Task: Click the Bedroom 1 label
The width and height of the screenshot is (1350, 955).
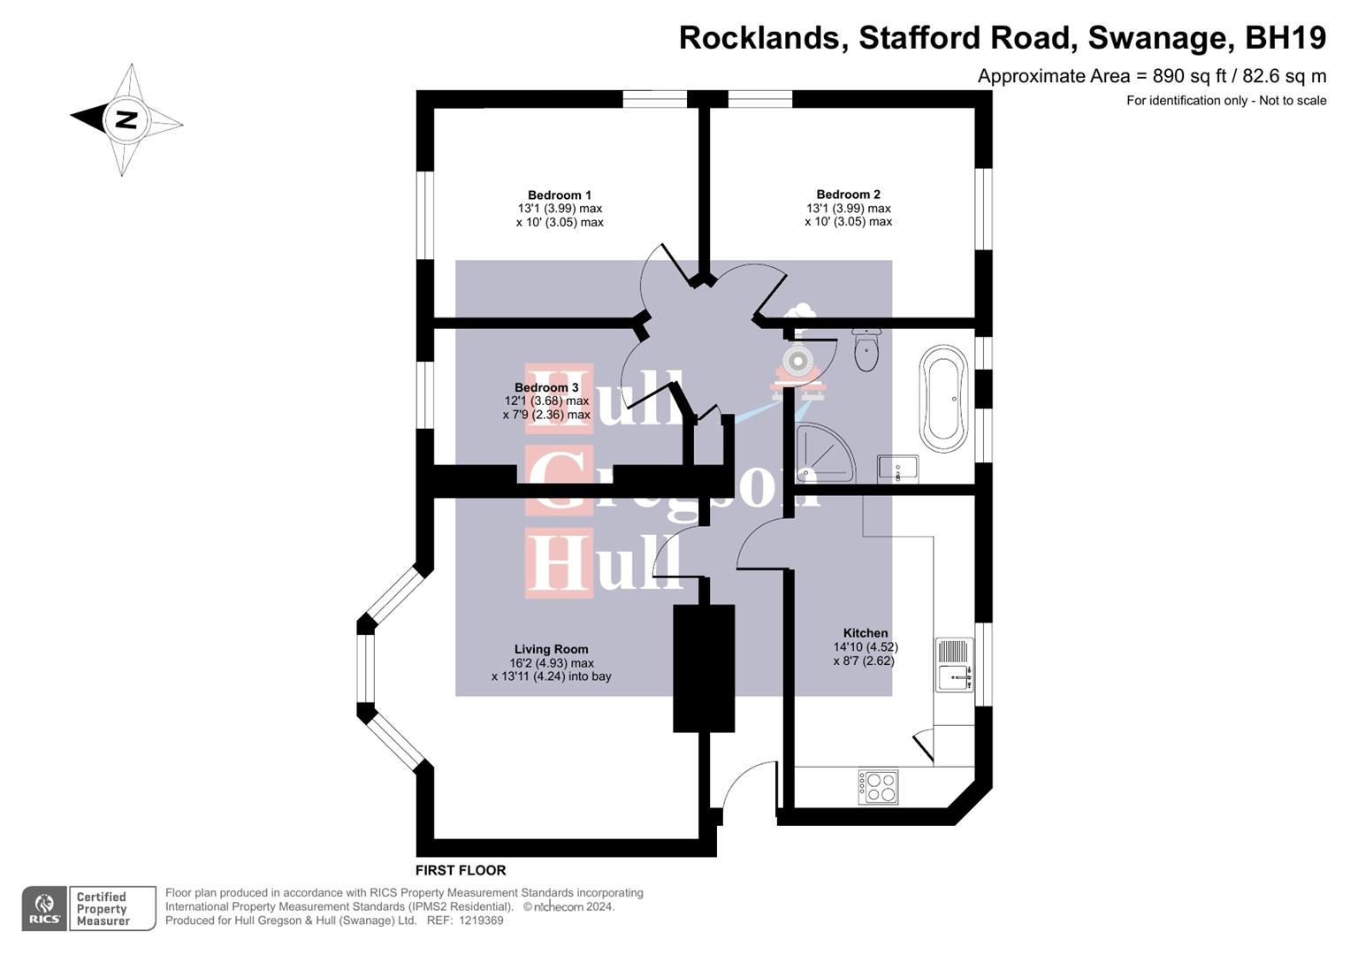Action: (x=560, y=195)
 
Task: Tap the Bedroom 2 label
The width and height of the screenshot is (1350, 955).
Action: (x=848, y=195)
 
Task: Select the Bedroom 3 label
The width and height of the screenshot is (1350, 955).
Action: (x=546, y=387)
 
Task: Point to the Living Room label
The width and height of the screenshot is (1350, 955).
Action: (x=551, y=649)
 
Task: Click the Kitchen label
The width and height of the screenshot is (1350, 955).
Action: (x=866, y=633)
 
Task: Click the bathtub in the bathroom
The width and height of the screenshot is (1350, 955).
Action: (x=943, y=399)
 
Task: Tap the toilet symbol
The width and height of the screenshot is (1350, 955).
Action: (x=866, y=350)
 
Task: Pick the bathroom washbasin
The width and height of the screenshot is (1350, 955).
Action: (x=898, y=469)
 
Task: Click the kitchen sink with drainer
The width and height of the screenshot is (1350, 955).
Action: (x=954, y=665)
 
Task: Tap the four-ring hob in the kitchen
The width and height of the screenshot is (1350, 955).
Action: (x=878, y=786)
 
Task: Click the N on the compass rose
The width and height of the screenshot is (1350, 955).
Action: (x=126, y=119)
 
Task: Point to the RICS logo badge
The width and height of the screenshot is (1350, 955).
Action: (x=43, y=908)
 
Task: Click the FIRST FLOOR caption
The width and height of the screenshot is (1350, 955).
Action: (x=461, y=870)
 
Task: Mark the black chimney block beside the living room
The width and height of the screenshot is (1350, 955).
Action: (x=704, y=668)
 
